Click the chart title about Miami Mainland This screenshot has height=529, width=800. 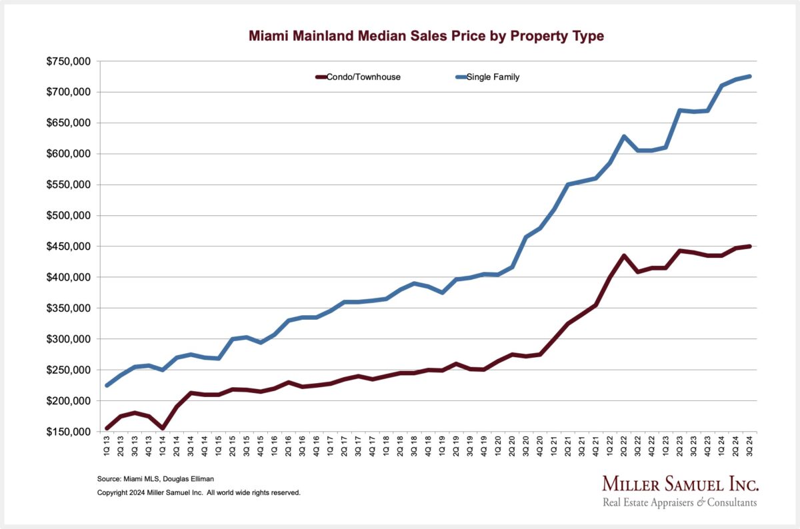coord(426,36)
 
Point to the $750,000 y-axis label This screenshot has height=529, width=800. coord(69,61)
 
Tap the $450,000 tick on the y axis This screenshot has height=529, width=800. coord(69,247)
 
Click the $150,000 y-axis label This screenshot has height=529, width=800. coord(69,432)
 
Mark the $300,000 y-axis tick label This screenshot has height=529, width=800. coord(69,339)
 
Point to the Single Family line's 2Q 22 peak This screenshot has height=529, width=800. coord(623,137)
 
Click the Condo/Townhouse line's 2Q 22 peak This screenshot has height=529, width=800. coord(623,256)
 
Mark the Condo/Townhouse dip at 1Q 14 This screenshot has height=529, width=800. coord(163,428)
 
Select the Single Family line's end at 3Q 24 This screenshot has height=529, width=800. coord(749,77)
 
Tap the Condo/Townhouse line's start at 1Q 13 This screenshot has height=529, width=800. coord(107,428)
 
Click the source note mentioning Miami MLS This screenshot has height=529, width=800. coord(145,479)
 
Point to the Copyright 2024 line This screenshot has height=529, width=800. coord(199,493)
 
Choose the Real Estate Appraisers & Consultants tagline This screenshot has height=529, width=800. coord(680,502)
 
